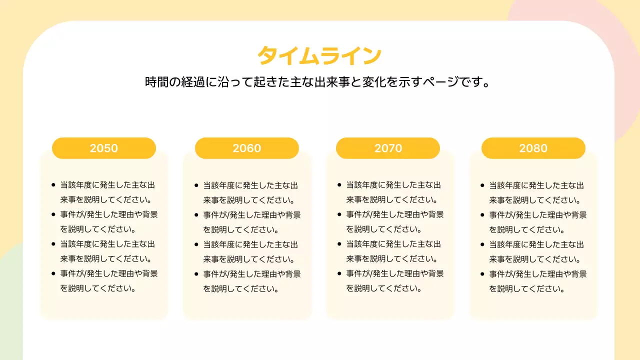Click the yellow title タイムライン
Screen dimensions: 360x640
(x=319, y=55)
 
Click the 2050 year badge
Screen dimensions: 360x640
(x=104, y=148)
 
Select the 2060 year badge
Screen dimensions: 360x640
(x=247, y=148)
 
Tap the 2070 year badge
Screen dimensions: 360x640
(x=388, y=148)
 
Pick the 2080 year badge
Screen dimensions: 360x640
(x=533, y=148)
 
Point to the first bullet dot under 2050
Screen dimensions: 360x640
(x=53, y=185)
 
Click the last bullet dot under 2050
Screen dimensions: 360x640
(x=53, y=273)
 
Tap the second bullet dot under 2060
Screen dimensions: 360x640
(x=196, y=214)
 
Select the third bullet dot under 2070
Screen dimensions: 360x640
(x=339, y=244)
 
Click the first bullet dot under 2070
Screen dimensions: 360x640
(x=339, y=185)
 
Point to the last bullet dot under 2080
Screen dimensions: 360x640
(x=482, y=274)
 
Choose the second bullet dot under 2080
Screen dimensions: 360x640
(x=482, y=215)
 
